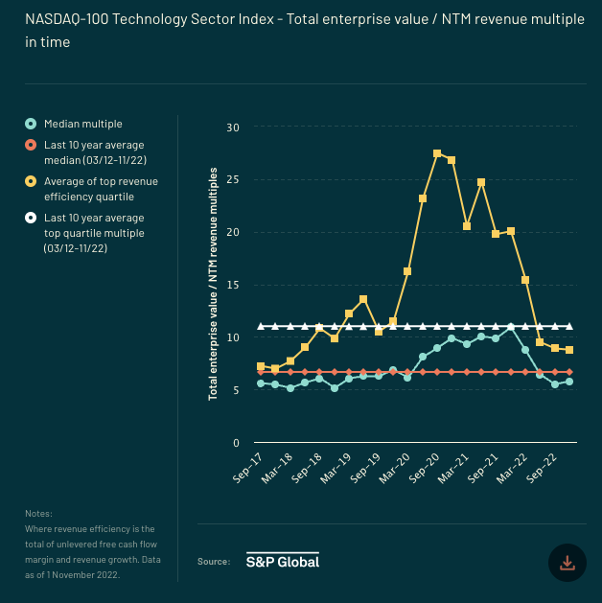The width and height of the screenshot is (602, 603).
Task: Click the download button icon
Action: coord(567,563)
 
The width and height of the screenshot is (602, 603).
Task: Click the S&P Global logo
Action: coord(283,561)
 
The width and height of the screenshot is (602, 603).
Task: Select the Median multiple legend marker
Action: coord(31,124)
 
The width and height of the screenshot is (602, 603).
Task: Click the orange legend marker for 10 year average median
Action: coord(31,145)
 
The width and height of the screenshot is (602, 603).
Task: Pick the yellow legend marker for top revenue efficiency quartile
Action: coord(31,181)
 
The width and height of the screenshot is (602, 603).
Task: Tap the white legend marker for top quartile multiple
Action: coord(31,219)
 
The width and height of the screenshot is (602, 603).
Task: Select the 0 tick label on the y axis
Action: coord(236,443)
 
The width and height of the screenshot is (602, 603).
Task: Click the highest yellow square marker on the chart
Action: coord(437,153)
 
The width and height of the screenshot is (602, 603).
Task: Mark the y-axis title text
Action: coord(213,284)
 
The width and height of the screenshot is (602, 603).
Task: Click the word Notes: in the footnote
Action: coord(39,514)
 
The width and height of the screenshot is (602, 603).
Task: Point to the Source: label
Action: coord(214,562)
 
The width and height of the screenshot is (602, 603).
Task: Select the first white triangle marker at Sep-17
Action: coord(261,326)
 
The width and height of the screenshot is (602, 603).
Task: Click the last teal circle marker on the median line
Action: coord(569,382)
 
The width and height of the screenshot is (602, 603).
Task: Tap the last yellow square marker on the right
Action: coord(569,350)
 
